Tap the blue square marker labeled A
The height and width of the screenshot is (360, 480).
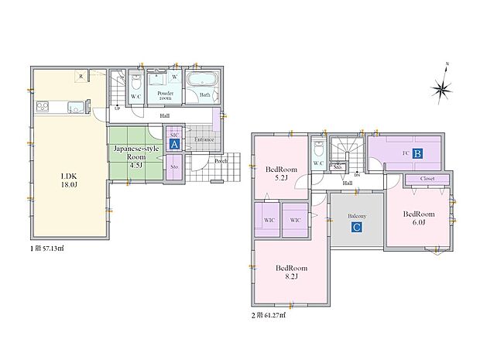176,144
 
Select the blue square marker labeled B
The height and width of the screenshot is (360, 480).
416,154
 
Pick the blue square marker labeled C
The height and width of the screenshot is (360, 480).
355,228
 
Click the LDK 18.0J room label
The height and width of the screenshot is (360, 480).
70,180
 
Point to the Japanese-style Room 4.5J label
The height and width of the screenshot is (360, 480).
135,156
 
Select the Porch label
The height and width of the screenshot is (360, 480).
220,161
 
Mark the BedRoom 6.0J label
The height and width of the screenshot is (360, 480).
419,218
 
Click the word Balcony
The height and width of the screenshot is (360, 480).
355,216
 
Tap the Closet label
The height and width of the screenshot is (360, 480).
427,179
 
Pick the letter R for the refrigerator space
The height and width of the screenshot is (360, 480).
80,76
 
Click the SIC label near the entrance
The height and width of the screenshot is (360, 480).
175,134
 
